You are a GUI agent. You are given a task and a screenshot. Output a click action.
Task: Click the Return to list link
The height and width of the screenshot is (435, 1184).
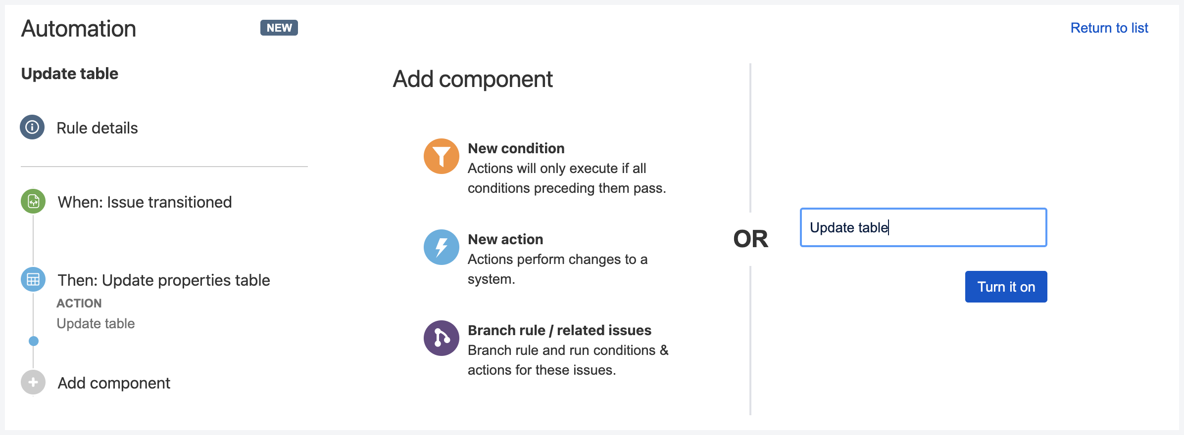coord(1109,28)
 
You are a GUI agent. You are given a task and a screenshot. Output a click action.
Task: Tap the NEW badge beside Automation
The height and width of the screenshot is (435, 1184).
coord(279,28)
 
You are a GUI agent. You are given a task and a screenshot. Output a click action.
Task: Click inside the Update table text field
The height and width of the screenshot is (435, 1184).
coord(924,227)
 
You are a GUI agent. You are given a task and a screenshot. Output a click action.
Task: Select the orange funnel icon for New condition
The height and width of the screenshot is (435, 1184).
coord(442,156)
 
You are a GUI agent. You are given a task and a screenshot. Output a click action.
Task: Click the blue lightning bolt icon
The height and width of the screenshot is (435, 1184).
coord(442,247)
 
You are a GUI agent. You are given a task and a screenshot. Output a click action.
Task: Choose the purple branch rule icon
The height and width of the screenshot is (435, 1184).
coord(442,338)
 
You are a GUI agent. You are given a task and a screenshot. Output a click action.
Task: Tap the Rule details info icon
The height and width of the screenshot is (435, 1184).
coord(32,127)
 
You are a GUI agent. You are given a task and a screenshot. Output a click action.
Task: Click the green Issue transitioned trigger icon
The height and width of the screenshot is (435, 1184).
coord(33,201)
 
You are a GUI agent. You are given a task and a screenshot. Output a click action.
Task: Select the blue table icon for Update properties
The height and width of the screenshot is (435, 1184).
coord(33,279)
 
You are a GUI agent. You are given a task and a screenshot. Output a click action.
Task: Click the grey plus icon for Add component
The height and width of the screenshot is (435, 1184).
coord(33,382)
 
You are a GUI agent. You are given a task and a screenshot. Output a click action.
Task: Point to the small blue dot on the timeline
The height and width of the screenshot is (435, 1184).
coord(34,341)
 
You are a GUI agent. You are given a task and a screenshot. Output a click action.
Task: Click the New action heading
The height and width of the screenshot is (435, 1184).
coord(505,239)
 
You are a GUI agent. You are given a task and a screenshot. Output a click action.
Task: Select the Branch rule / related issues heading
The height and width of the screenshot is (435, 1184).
coord(559,330)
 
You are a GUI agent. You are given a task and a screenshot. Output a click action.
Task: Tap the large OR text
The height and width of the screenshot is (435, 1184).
coord(750,239)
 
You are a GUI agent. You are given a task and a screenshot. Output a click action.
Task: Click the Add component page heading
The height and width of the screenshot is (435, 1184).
coord(473,79)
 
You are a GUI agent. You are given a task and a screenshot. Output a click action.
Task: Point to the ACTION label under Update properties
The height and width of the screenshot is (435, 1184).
coord(79,303)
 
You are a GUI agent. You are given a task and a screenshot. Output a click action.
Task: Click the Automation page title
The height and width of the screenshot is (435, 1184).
coord(79,29)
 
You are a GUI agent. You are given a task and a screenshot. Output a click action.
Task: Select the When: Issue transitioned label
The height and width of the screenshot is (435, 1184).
coord(145,202)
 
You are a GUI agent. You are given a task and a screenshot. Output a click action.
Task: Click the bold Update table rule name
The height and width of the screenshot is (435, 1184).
coord(70,74)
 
